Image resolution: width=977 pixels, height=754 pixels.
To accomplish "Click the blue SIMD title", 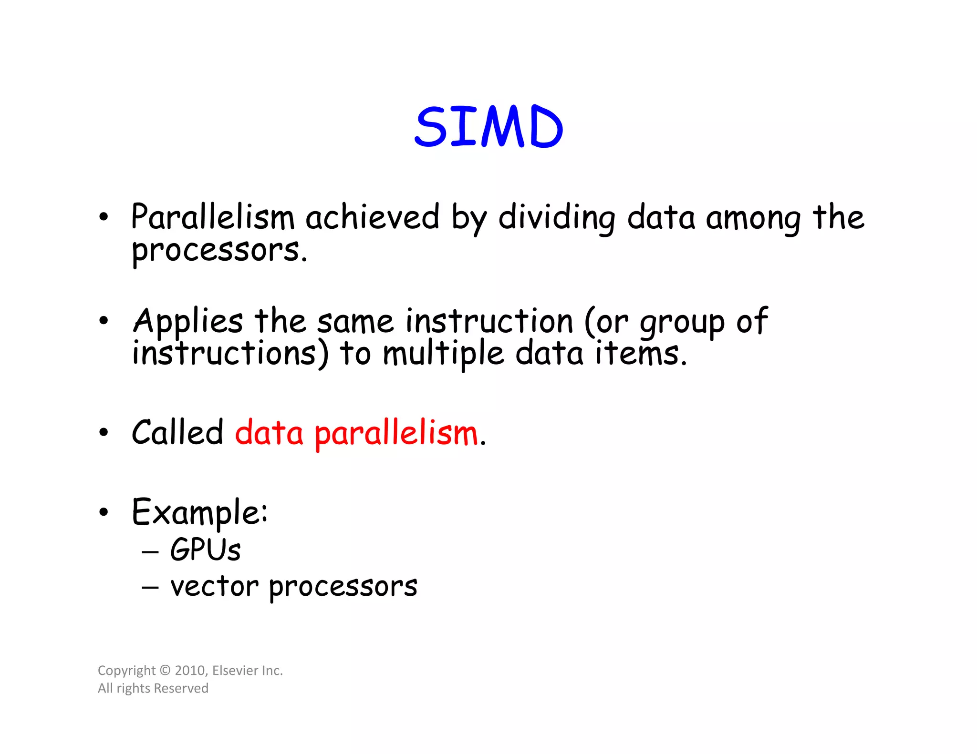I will coord(488,127).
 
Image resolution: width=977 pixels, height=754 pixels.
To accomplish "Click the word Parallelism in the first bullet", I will coord(213,217).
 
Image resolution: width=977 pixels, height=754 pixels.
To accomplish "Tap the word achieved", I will coord(372,217).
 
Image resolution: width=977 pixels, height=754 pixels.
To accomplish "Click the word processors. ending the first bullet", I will coord(219,251).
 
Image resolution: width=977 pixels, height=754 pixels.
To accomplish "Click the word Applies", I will coord(188,321).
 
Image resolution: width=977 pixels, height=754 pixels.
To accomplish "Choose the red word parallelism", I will coord(396,434).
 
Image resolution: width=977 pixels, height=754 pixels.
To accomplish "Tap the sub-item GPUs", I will coord(205,550).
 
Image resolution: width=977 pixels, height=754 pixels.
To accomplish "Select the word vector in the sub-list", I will coord(215,586).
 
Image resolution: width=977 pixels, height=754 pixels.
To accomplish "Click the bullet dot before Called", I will coord(104,433).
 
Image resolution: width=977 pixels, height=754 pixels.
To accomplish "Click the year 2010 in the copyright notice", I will coord(190,671).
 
